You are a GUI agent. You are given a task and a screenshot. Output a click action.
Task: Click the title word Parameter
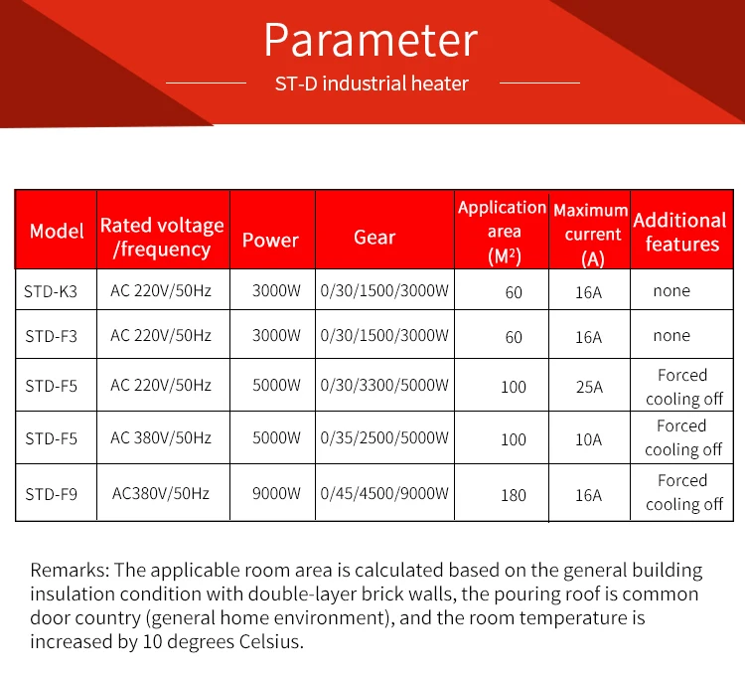pyautogui.click(x=372, y=40)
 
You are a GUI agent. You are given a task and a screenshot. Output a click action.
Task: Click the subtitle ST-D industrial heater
pyautogui.click(x=372, y=84)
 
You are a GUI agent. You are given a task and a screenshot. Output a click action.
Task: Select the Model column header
pyautogui.click(x=57, y=231)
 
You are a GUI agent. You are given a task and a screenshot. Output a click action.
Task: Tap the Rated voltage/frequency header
pyautogui.click(x=162, y=238)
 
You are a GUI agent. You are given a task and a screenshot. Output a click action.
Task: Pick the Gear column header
pyautogui.click(x=374, y=238)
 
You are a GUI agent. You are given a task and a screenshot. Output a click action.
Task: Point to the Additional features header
pyautogui.click(x=680, y=232)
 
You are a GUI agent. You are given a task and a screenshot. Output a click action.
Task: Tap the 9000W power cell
pyautogui.click(x=276, y=493)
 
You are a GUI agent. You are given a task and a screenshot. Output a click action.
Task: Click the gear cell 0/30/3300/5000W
pyautogui.click(x=384, y=385)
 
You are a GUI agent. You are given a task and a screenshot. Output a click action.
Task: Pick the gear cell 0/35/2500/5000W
pyautogui.click(x=384, y=437)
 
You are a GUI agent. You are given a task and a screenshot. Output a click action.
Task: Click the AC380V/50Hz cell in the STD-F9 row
pyautogui.click(x=161, y=493)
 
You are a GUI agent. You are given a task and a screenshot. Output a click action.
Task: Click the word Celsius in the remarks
pyautogui.click(x=263, y=642)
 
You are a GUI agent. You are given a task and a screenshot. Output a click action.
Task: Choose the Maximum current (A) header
pyautogui.click(x=590, y=236)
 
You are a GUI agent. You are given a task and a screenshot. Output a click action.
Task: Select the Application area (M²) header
pyautogui.click(x=503, y=232)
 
